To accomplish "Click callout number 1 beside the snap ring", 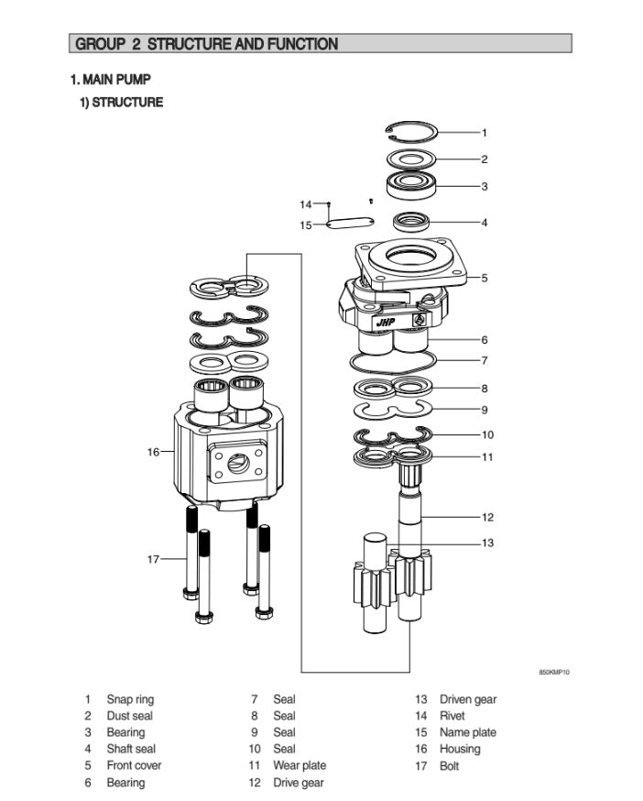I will (485, 133).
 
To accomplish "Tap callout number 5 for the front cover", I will (485, 278).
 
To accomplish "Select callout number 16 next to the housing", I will (154, 451).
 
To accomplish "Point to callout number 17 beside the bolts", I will (154, 559).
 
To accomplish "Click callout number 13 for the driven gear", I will (487, 543).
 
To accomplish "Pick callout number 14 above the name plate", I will (306, 203).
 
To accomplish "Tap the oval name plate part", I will (350, 224).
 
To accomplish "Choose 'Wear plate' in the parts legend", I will (299, 765).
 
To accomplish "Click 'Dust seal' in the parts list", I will (129, 716).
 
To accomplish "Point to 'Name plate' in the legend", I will (467, 732).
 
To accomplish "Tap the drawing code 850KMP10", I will (553, 673).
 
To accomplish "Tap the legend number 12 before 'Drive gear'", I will (255, 783).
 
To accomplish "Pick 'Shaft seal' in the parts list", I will (131, 749).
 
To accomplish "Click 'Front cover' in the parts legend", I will (134, 765).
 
